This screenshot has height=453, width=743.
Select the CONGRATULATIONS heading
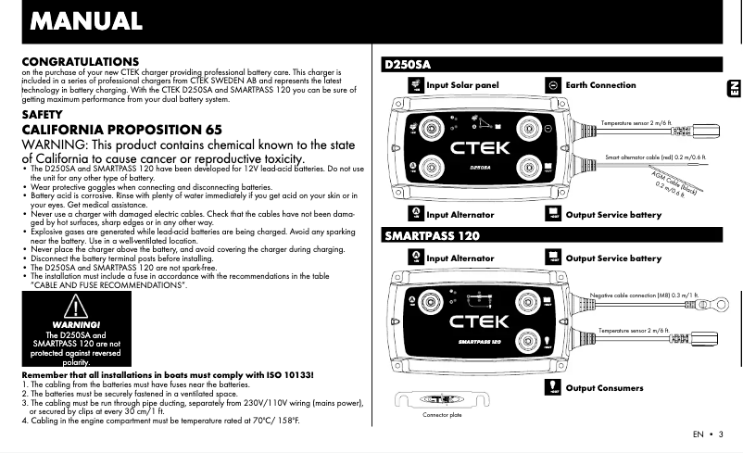coord(80,61)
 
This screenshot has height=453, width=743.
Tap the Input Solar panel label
coord(462,85)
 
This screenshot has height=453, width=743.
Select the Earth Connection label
coord(600,85)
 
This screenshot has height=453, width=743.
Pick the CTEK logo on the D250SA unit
coord(481,147)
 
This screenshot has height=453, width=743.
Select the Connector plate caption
coord(441,415)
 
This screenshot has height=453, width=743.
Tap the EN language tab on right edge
coord(732,87)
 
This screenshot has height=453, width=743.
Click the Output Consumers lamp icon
coord(553,386)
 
